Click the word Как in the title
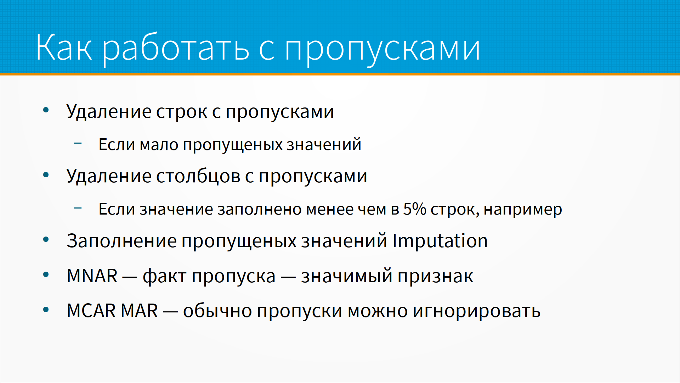pyautogui.click(x=64, y=48)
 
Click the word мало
pyautogui.click(x=159, y=145)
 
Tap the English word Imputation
pyautogui.click(x=440, y=241)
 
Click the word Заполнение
pyautogui.click(x=122, y=241)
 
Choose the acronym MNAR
pyautogui.click(x=92, y=276)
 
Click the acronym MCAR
pyautogui.click(x=91, y=311)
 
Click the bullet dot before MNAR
pyautogui.click(x=46, y=274)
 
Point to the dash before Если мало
pyautogui.click(x=78, y=143)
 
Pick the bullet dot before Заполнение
pyautogui.click(x=46, y=239)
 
